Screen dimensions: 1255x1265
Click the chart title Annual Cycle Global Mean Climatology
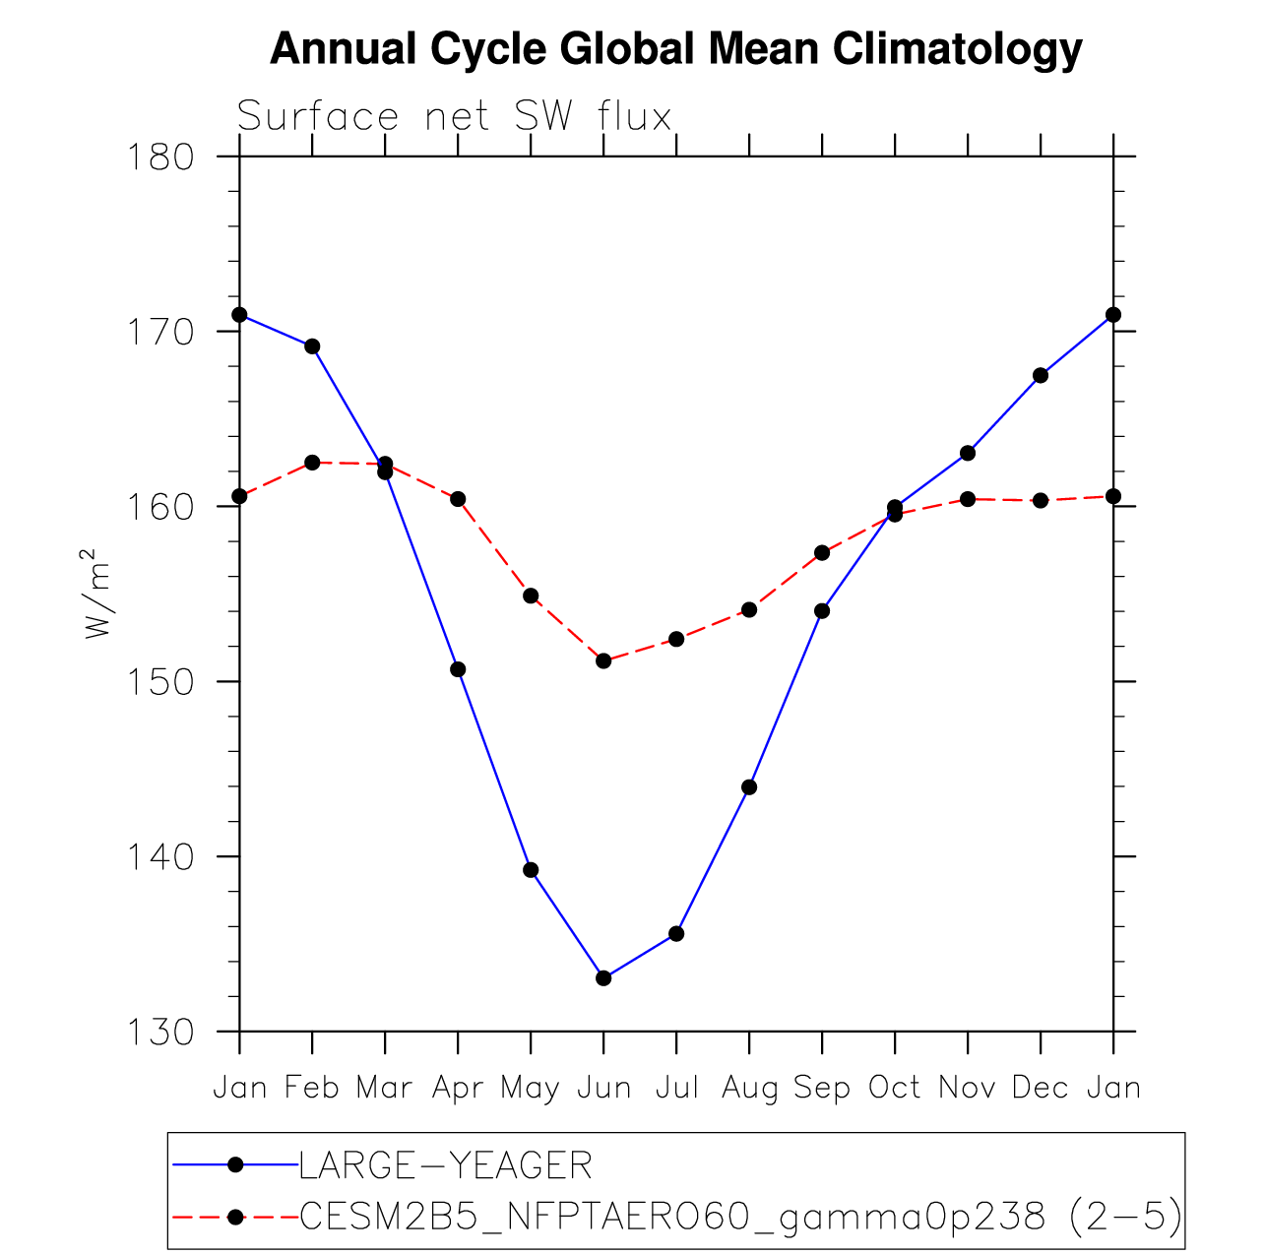pyautogui.click(x=675, y=49)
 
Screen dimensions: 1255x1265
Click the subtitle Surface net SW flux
pyautogui.click(x=454, y=117)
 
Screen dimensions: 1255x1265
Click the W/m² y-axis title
pyautogui.click(x=98, y=594)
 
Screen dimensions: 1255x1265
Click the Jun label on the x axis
pyautogui.click(x=602, y=1088)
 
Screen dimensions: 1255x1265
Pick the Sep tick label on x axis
pyautogui.click(x=821, y=1088)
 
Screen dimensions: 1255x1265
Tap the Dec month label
pyautogui.click(x=1040, y=1088)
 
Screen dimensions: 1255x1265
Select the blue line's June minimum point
pyautogui.click(x=603, y=977)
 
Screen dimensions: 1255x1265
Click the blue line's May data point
pyautogui.click(x=531, y=869)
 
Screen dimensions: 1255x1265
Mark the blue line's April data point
pyautogui.click(x=458, y=669)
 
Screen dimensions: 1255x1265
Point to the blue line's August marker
pyautogui.click(x=749, y=786)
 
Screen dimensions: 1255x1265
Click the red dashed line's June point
pyautogui.click(x=603, y=660)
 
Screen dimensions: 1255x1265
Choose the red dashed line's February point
pyautogui.click(x=312, y=463)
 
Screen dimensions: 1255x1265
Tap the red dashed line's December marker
pyautogui.click(x=1041, y=500)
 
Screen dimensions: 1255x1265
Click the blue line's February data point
pyautogui.click(x=312, y=345)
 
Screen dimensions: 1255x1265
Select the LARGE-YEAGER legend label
pyautogui.click(x=445, y=1165)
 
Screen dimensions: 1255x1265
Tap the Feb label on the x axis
pyautogui.click(x=312, y=1088)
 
